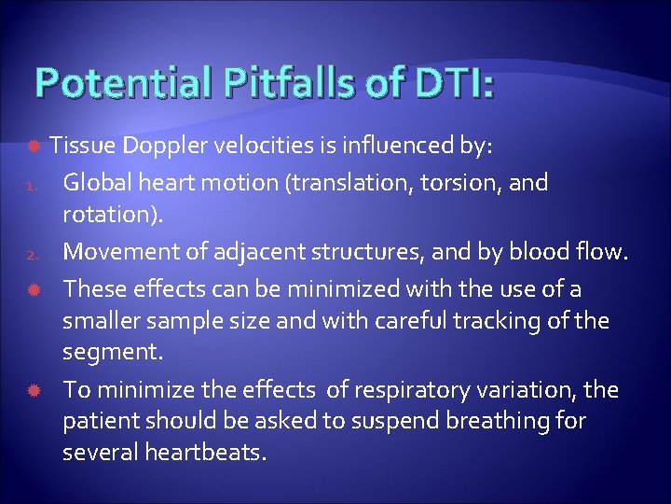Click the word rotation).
pyautogui.click(x=113, y=216)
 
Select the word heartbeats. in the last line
pyautogui.click(x=205, y=455)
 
